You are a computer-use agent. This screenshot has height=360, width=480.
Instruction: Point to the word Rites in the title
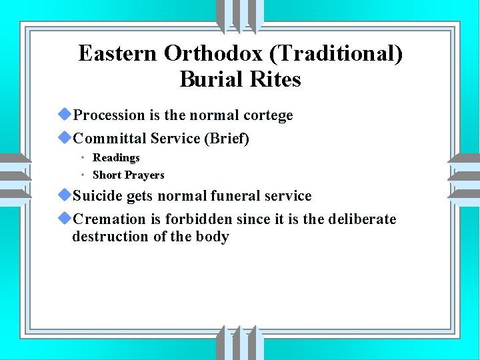(x=275, y=80)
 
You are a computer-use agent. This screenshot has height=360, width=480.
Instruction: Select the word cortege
(x=268, y=115)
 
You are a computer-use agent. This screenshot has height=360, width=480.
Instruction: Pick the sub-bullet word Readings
(x=116, y=158)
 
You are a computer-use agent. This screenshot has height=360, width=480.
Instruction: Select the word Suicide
(x=98, y=196)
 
